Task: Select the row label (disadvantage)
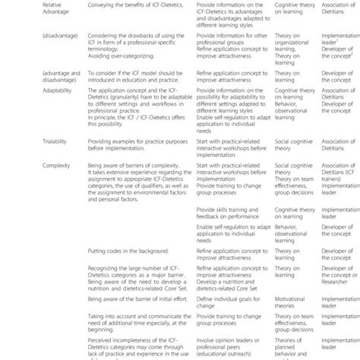coord(27,55)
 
